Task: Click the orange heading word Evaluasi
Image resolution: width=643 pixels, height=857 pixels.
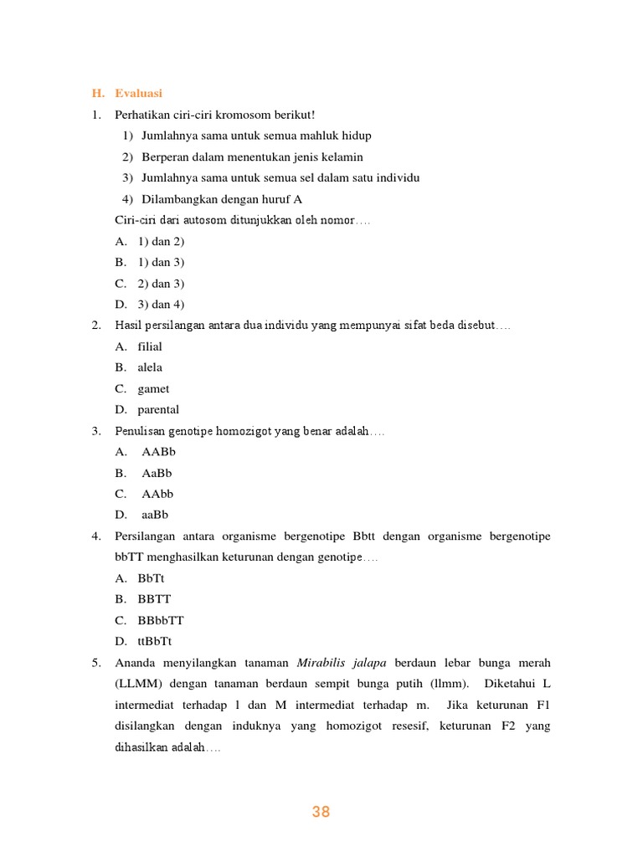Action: coord(138,93)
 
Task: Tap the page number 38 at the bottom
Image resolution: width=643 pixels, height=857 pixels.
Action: coord(321,811)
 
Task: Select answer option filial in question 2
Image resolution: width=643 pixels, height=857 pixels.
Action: coord(150,346)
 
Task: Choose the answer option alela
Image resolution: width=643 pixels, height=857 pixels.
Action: coord(150,367)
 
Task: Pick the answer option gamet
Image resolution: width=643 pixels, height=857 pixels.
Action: coord(153,388)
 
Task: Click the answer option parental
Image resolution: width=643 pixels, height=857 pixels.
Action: coord(158,409)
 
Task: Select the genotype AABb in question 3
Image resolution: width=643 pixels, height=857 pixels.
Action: coord(158,452)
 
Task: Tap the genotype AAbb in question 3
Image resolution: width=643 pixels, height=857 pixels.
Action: coord(157,494)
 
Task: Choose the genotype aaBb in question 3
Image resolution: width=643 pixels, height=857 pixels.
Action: coord(156,515)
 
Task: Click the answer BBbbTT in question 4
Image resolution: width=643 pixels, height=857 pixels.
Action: coord(161,620)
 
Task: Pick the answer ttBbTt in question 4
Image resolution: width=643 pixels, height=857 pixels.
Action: coord(155,641)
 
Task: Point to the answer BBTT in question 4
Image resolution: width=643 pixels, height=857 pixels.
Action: coord(154,599)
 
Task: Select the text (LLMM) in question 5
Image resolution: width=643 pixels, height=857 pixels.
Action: coord(139,684)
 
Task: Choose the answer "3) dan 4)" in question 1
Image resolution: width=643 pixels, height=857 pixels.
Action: coord(161,304)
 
